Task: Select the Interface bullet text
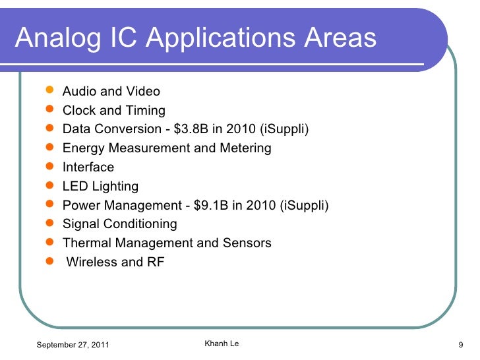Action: tap(88, 167)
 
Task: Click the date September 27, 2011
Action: tap(73, 345)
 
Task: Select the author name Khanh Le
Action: tap(222, 344)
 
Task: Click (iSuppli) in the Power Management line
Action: tap(304, 205)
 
